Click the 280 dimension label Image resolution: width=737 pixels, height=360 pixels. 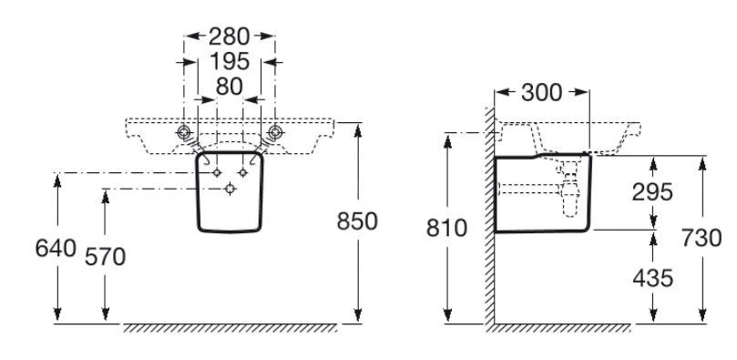[229, 36]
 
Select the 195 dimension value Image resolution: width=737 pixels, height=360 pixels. [230, 62]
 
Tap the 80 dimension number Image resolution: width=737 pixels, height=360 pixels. [230, 87]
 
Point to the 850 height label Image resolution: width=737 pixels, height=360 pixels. [357, 221]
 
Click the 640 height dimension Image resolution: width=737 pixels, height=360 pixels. [56, 248]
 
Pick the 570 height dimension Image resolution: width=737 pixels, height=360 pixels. [106, 257]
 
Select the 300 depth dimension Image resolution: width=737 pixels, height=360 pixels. [541, 93]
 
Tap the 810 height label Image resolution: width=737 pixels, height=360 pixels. [446, 229]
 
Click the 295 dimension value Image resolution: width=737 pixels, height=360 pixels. [652, 192]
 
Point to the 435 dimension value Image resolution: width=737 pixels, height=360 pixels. [653, 279]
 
